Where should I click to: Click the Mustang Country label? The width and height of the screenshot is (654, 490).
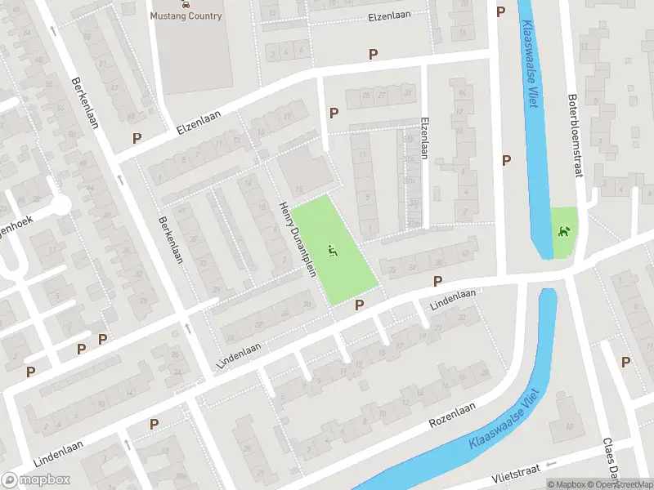click(x=186, y=16)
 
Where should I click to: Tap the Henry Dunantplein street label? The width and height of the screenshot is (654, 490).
click(x=298, y=239)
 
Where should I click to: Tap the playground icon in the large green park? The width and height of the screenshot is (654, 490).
click(x=332, y=250)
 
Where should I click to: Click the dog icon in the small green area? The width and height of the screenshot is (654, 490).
click(x=562, y=232)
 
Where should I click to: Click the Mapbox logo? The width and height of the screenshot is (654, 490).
click(x=35, y=480)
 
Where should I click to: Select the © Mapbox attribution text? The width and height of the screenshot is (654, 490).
click(x=566, y=484)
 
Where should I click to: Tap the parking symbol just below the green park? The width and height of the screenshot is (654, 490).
click(x=359, y=305)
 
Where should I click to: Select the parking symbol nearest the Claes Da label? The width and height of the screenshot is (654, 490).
click(x=625, y=362)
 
